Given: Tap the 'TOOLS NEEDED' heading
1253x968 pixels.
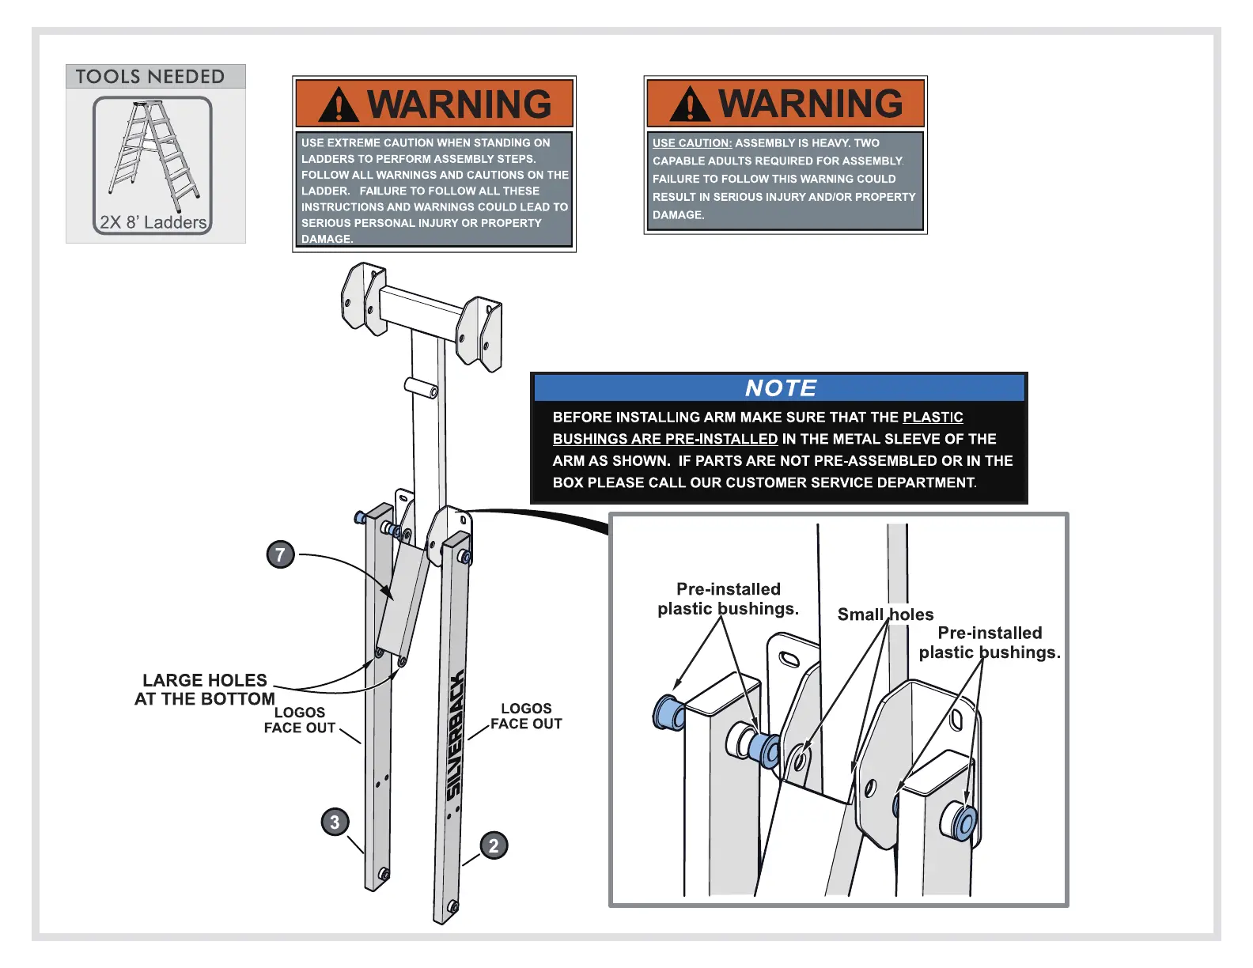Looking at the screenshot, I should click(150, 77).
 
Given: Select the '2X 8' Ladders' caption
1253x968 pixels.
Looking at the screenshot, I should click(153, 222).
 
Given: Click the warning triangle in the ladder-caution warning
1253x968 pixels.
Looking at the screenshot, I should click(339, 105).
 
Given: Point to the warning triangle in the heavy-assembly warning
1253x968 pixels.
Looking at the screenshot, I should click(690, 104).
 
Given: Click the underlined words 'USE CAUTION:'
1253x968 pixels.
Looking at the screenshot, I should click(692, 143).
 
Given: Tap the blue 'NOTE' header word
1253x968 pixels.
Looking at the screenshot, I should click(780, 388).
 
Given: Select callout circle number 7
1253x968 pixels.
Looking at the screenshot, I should click(280, 554).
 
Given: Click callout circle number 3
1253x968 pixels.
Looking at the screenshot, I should click(335, 822).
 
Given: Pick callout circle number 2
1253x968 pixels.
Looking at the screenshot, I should click(494, 845).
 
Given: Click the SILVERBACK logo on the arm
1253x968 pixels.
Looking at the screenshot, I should click(455, 735).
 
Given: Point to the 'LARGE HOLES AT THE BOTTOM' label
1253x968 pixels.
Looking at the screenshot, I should click(205, 690).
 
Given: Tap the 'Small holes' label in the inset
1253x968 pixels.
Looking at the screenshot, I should click(885, 614).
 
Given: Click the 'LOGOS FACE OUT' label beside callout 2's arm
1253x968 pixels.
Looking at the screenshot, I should click(526, 717).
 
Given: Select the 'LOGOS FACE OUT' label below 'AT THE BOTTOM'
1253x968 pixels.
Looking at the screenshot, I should click(300, 720).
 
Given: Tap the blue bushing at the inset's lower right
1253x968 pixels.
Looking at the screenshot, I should click(963, 823).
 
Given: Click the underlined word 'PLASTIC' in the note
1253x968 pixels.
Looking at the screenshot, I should click(933, 418).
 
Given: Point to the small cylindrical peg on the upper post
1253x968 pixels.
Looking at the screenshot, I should click(422, 388).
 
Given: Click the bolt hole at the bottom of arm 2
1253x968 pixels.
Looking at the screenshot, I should click(452, 906).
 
